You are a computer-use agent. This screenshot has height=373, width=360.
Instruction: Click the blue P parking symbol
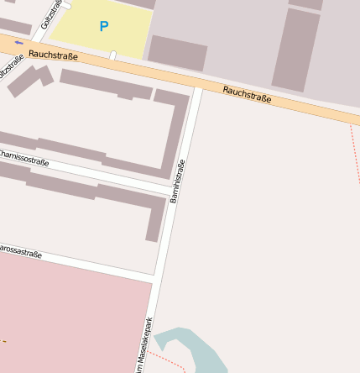[x=104, y=27]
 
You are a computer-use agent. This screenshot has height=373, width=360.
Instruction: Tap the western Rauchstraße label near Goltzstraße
[x=53, y=55]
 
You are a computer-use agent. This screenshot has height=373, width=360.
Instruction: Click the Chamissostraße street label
[x=23, y=156]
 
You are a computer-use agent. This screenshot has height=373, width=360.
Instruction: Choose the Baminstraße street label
[x=177, y=181]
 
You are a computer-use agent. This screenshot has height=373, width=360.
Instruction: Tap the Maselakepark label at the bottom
[x=146, y=344]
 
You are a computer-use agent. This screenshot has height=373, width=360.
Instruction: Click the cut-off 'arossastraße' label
[x=20, y=250]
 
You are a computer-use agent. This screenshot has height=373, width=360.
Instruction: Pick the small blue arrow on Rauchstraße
[x=18, y=43]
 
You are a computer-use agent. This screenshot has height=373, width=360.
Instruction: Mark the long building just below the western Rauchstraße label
[x=105, y=85]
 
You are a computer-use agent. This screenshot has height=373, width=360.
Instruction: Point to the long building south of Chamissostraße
[x=84, y=189]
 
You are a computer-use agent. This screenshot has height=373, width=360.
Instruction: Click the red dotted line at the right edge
[x=355, y=151]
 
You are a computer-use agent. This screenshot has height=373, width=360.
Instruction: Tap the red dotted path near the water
[x=172, y=362]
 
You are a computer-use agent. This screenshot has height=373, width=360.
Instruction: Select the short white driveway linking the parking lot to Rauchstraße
[x=112, y=55]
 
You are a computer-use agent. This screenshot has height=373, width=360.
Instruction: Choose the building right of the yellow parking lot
[x=177, y=52]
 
